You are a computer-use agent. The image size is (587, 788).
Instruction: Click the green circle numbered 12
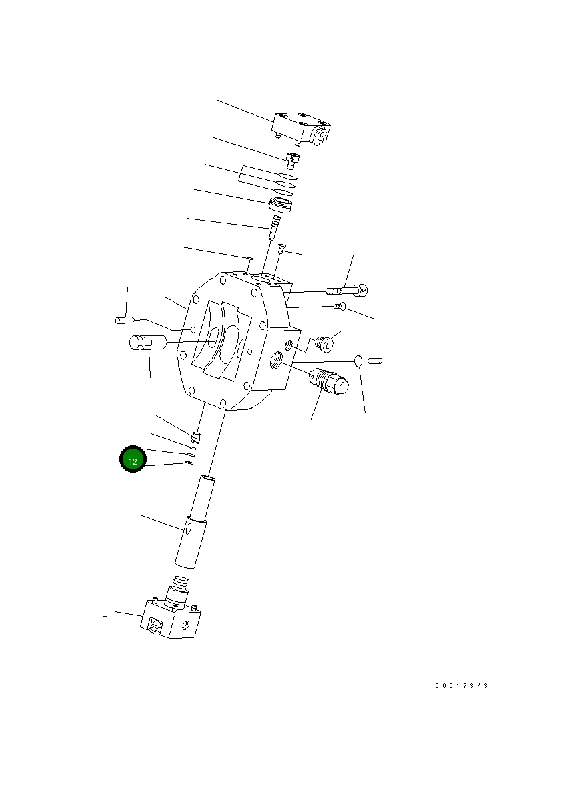point(133,460)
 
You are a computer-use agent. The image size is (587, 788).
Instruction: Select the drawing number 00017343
point(462,686)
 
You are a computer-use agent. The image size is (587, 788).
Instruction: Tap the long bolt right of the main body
point(347,290)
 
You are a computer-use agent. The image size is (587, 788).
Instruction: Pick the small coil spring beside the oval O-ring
point(375,361)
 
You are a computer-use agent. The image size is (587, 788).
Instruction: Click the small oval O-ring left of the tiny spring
point(358,361)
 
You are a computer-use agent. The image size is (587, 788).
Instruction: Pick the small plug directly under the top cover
point(291,159)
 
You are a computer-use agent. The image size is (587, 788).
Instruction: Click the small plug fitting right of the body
point(325,344)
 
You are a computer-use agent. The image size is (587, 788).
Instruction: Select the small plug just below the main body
point(196,437)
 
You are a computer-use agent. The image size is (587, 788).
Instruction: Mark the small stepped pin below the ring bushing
point(273,225)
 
